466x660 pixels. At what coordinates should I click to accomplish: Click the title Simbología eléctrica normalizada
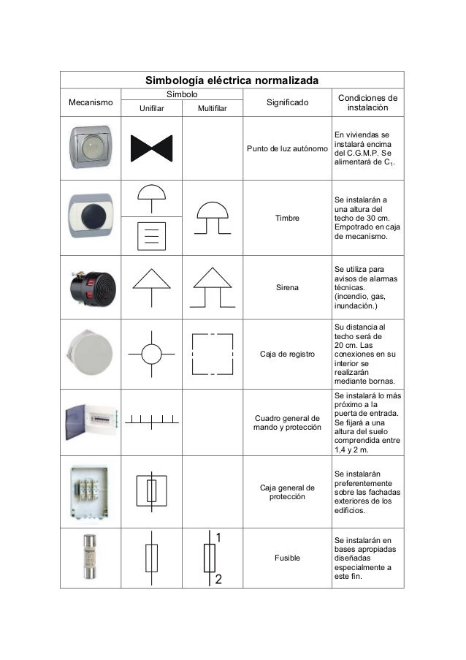point(232,79)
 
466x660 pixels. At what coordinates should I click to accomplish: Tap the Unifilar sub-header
point(152,109)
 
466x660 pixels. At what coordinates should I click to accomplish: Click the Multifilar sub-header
point(212,109)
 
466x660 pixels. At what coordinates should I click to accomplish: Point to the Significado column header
point(287,102)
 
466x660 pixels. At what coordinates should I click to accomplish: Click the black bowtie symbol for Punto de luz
point(151,148)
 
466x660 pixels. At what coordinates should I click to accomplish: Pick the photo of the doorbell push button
point(90,216)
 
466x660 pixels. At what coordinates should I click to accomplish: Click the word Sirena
point(287,288)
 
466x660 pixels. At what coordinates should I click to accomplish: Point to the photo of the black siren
point(89,287)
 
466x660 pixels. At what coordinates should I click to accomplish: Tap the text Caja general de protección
point(287,493)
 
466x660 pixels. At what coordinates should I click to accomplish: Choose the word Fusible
point(287,558)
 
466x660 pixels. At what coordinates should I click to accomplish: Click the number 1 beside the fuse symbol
point(218,537)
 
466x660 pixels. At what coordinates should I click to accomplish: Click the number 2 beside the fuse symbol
point(218,580)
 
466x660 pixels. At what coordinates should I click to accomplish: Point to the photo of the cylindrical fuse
point(89,558)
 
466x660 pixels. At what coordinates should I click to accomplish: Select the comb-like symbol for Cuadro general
point(151,420)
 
